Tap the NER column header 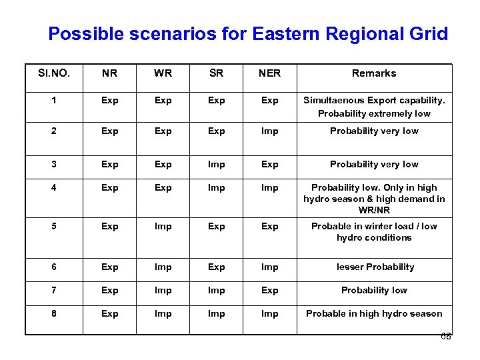tap(269, 73)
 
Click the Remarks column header tap(374, 73)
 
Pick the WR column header tap(163, 73)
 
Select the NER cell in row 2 tap(269, 131)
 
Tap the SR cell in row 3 tap(216, 165)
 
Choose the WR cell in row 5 tap(163, 227)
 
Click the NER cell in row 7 tap(269, 291)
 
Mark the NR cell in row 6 tap(109, 267)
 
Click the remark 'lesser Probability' tap(374, 267)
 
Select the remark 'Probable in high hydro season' tap(374, 313)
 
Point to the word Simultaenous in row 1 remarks tap(333, 101)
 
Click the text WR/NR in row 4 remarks tap(374, 210)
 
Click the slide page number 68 tap(446, 337)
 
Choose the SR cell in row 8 tap(216, 313)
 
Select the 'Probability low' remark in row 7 tap(374, 291)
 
